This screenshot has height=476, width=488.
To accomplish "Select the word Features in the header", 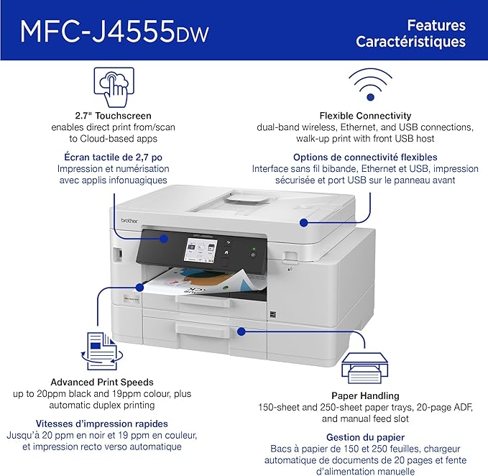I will [x=436, y=24].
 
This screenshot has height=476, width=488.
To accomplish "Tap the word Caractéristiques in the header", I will [x=410, y=41].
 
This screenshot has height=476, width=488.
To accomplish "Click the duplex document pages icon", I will [x=101, y=349].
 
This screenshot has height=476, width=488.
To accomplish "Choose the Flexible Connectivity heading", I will [x=365, y=115].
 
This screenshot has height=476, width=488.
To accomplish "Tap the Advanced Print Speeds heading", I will [x=101, y=382].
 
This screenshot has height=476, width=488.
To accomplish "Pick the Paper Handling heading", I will [x=365, y=395].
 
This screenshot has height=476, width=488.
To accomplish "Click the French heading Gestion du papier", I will [x=365, y=436].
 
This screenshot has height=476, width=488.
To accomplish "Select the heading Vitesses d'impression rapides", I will [x=101, y=424].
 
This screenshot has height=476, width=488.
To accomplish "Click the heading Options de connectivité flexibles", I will [x=365, y=157].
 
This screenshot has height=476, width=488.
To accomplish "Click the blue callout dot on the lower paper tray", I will [x=241, y=331].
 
